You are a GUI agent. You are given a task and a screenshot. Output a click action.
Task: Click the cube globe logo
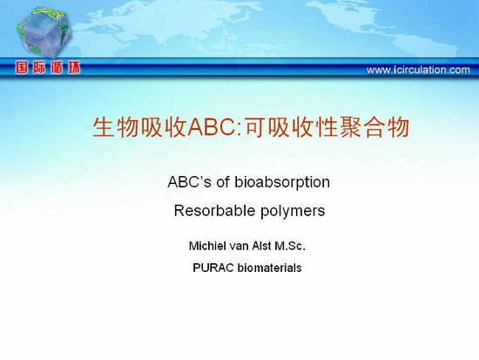(x=44, y=32)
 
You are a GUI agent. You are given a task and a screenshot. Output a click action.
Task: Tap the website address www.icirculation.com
(x=418, y=70)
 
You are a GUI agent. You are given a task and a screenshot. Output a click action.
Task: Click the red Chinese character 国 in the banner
(x=22, y=67)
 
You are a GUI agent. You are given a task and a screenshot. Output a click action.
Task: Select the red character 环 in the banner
(x=74, y=67)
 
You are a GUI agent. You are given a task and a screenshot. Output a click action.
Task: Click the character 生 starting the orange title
(x=103, y=127)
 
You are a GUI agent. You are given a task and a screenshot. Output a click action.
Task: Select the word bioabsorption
(x=282, y=182)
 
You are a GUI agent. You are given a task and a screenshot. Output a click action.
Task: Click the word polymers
(x=293, y=211)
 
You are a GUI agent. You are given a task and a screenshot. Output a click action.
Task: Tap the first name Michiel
(x=208, y=246)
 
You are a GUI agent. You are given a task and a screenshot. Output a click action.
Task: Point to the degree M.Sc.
(x=290, y=246)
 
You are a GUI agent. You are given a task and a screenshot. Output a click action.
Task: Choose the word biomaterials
(x=269, y=268)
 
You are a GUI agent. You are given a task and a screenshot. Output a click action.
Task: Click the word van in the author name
(x=239, y=246)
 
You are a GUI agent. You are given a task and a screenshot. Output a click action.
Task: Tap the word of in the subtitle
(x=223, y=182)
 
